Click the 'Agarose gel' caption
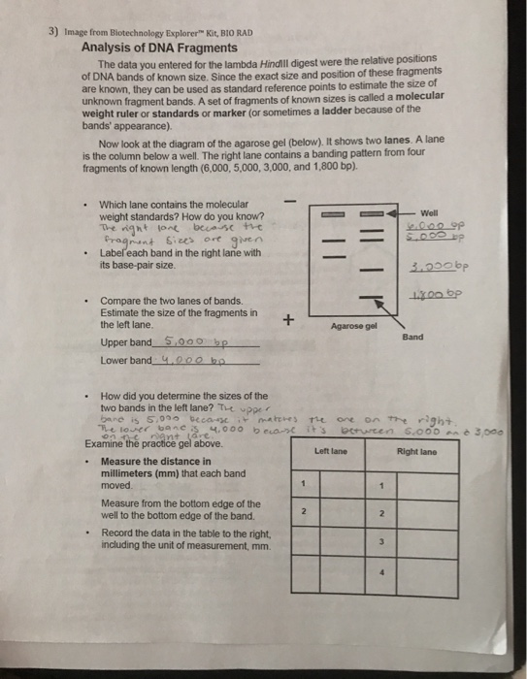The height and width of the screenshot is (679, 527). coord(353,327)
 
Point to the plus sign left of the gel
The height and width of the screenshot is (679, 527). coord(288,319)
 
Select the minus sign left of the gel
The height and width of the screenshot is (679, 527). coord(288,201)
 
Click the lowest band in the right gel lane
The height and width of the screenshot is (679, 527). coord(371,298)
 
